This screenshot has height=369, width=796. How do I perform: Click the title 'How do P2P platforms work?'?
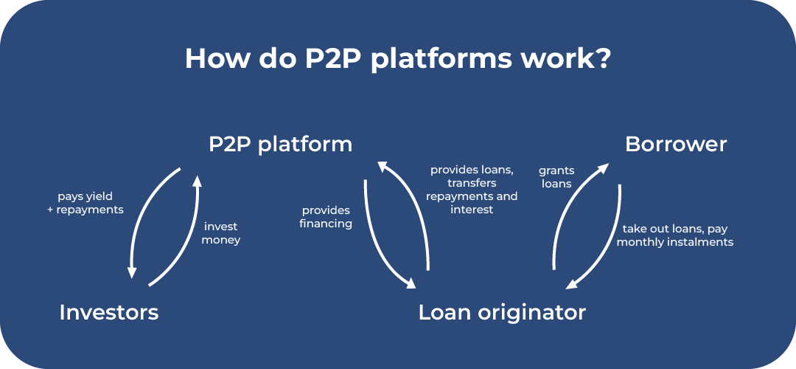pyautogui.click(x=398, y=58)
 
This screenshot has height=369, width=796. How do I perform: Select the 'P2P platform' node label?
pyautogui.click(x=280, y=144)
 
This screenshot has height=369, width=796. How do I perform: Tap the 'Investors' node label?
pyautogui.click(x=108, y=312)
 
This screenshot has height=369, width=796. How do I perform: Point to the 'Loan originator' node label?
pyautogui.click(x=502, y=312)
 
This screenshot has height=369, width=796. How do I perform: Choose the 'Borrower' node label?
pyautogui.click(x=676, y=144)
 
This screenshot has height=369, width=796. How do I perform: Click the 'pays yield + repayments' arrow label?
pyautogui.click(x=90, y=203)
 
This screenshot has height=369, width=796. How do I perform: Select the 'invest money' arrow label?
pyautogui.click(x=221, y=233)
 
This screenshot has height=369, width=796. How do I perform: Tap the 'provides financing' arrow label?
pyautogui.click(x=326, y=217)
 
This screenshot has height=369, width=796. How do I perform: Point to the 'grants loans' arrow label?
pyautogui.click(x=556, y=177)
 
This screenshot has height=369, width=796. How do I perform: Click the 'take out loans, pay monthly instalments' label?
pyautogui.click(x=675, y=235)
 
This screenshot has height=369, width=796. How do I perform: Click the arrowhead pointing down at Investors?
pyautogui.click(x=132, y=272)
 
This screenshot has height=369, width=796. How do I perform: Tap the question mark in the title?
pyautogui.click(x=603, y=58)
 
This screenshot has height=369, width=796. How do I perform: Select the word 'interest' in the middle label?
pyautogui.click(x=472, y=210)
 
